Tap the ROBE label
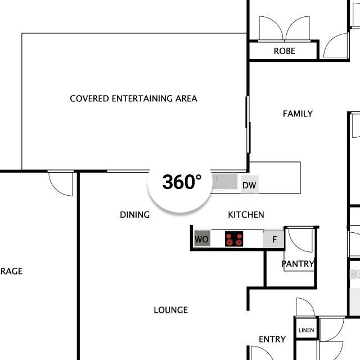285,51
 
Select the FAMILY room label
298,114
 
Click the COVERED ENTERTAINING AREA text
133,98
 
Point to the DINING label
135,215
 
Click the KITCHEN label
246,215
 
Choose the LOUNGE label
170,310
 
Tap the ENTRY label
272,339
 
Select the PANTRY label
298,264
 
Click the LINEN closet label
306,330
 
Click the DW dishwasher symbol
250,184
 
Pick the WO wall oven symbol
202,238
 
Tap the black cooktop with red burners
234,238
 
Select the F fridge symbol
274,239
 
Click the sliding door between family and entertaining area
248,125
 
